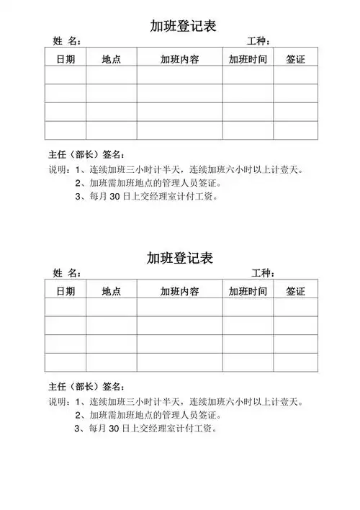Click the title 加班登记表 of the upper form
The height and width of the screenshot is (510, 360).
tap(181, 26)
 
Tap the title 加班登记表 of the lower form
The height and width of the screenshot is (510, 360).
tap(181, 258)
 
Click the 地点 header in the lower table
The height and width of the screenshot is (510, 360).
tap(111, 291)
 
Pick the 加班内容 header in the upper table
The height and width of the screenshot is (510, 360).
tap(179, 58)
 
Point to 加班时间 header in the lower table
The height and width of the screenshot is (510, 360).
tap(248, 291)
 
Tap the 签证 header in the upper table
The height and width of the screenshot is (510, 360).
tap(295, 58)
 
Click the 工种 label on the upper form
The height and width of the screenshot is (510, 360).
tap(258, 41)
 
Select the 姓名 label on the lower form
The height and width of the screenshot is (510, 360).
tap(66, 274)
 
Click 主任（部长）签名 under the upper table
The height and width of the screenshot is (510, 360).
tap(86, 155)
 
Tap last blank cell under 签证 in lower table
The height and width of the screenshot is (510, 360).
tap(295, 362)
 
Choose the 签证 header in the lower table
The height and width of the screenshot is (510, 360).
tap(295, 291)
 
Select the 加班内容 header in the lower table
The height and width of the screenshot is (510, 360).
tap(179, 291)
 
